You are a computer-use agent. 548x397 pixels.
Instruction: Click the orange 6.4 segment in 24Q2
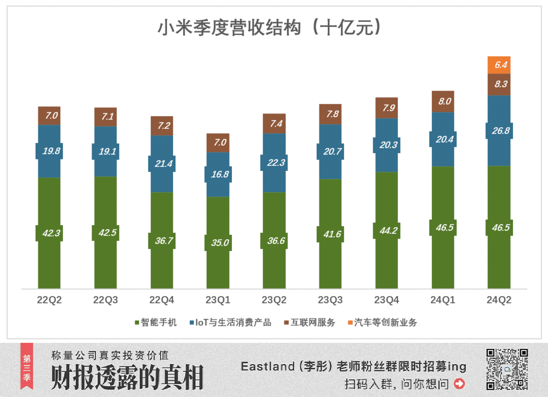tap(499, 65)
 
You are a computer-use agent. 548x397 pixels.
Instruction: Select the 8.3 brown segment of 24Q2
tap(499, 84)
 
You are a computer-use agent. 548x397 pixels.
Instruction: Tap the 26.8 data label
tap(499, 131)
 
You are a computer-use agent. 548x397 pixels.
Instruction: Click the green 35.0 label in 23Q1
tap(217, 241)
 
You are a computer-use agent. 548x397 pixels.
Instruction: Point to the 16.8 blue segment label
tap(217, 175)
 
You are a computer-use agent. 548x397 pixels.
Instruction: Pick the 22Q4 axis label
tap(162, 300)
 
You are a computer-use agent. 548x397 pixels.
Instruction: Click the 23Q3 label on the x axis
tap(330, 300)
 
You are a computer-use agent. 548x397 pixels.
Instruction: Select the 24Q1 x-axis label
tap(443, 300)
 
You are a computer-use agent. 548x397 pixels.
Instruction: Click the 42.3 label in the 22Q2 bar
tap(49, 232)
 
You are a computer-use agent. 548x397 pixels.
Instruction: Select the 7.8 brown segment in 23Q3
tap(330, 114)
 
